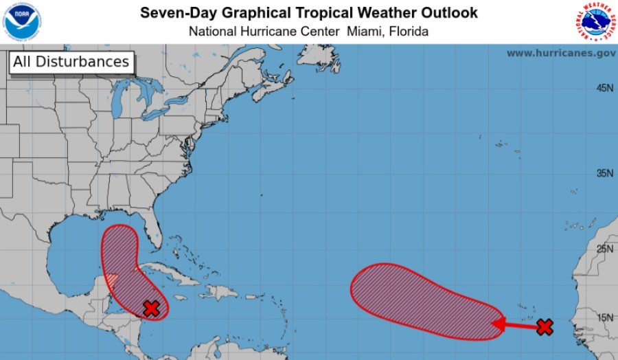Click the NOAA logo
22,21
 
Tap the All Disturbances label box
71,62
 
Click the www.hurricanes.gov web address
561,53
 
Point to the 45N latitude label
604,88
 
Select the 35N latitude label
604,173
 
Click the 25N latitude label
604,249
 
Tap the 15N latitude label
604,317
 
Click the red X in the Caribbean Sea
152,308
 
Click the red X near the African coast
545,327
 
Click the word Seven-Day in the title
174,13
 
